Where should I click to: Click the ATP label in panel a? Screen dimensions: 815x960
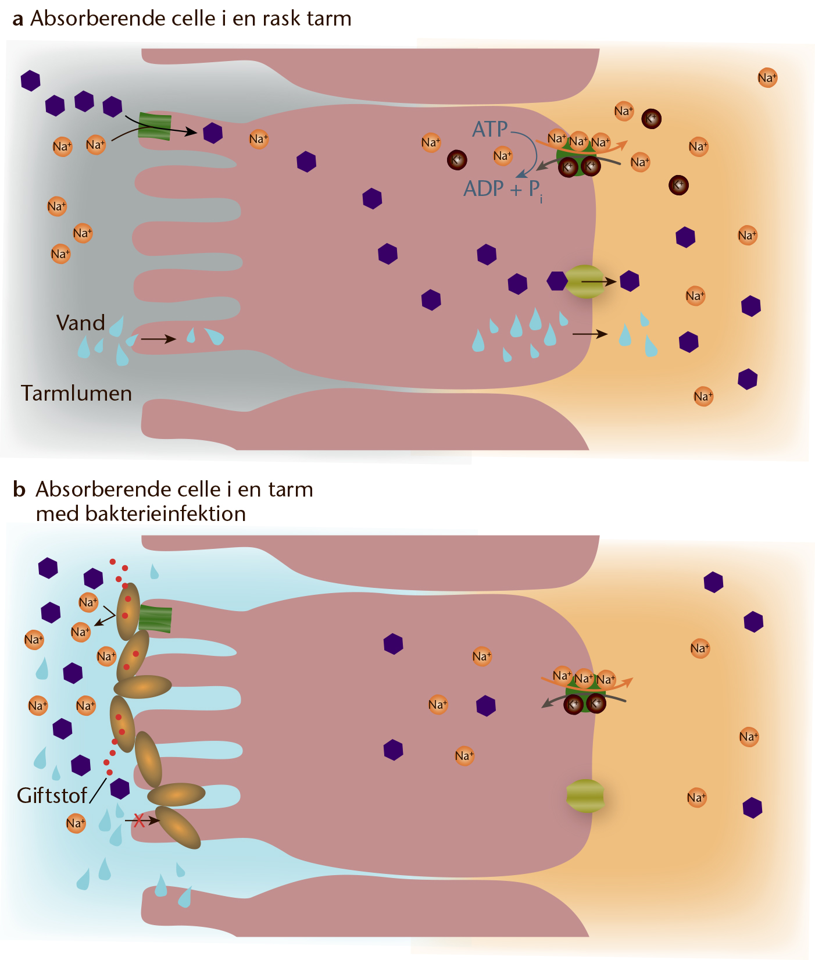click(x=490, y=129)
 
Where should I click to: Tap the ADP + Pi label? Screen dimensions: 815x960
click(x=503, y=190)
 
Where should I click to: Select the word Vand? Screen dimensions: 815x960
click(x=80, y=323)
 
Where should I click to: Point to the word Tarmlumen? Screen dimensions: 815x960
click(x=77, y=394)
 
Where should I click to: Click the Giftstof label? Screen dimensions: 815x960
click(x=52, y=795)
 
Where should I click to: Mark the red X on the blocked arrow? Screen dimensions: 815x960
click(x=139, y=820)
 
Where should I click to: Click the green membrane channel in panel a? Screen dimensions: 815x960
click(x=155, y=127)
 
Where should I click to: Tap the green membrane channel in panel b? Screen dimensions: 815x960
click(x=155, y=619)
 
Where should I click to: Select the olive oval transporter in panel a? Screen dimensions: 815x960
click(x=585, y=281)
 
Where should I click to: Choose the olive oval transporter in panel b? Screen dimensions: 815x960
click(x=585, y=796)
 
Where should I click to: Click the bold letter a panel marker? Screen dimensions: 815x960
click(x=18, y=19)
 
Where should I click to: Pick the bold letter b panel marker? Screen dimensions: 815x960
click(x=19, y=490)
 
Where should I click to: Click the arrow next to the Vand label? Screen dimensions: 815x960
click(x=158, y=338)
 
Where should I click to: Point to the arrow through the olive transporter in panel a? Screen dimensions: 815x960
click(x=599, y=282)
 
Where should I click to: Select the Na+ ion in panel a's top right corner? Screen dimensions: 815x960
click(x=767, y=78)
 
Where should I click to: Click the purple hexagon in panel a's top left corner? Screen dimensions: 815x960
click(x=30, y=80)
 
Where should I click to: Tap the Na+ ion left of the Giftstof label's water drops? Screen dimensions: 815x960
click(x=76, y=823)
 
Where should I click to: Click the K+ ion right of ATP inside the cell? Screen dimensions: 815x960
click(x=457, y=160)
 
